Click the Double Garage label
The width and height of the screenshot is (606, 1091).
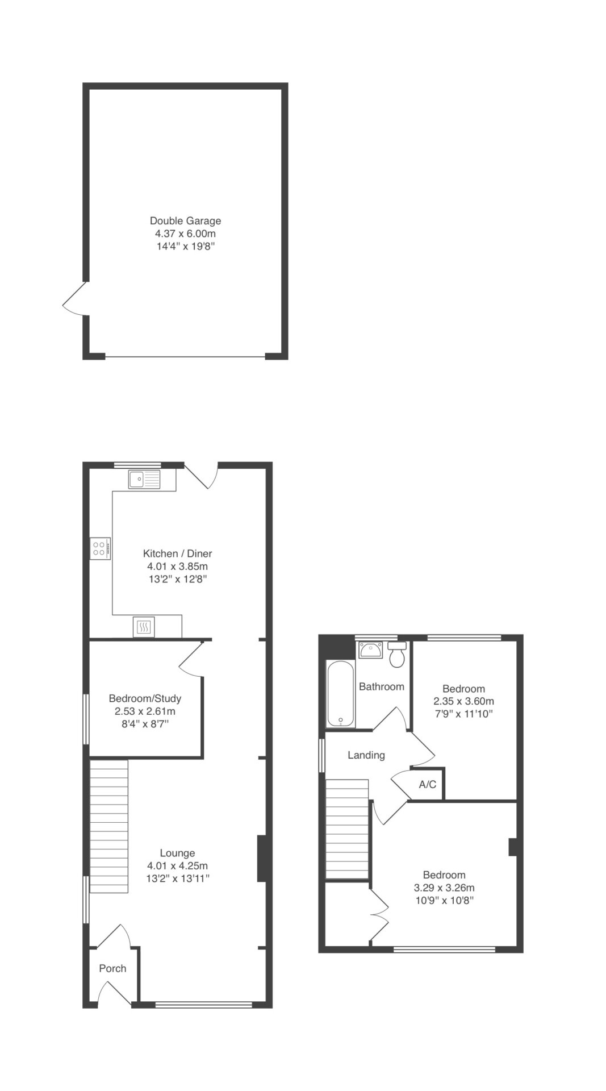coord(185,220)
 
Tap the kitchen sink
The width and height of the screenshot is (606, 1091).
coord(144,480)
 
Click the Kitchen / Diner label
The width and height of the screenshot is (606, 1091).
coord(177,553)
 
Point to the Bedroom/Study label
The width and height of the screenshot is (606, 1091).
coord(145,698)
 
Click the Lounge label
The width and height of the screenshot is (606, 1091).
coord(177,852)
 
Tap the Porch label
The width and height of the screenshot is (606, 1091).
coord(112,968)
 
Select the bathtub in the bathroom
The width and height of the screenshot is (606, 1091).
coord(341,693)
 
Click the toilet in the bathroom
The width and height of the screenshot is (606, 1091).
coord(397,655)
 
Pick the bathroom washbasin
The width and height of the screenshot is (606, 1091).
coord(370,649)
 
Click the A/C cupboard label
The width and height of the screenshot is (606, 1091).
coord(428,784)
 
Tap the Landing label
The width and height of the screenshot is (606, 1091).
coord(366,755)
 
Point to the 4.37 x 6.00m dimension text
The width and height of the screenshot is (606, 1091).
coord(185,234)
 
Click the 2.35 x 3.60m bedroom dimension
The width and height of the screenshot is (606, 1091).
coord(463,701)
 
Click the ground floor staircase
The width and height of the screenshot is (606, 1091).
coord(108,827)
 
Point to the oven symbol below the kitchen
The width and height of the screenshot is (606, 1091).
coord(144,627)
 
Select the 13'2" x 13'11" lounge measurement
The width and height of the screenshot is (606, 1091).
coord(177,878)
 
